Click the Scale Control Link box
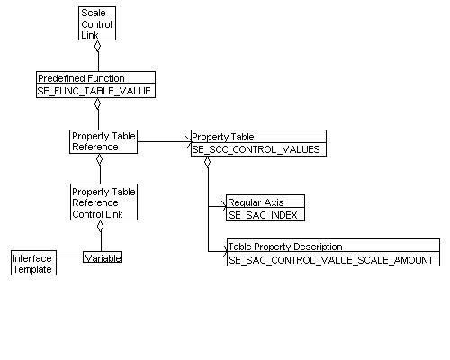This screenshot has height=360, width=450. point(97,24)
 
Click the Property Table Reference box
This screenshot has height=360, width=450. point(103,141)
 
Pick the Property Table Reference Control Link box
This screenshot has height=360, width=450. point(103,202)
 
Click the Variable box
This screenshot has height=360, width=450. point(103,257)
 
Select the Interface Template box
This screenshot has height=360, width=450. point(32,263)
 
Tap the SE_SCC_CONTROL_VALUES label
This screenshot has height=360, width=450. point(255,149)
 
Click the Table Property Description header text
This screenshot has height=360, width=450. point(285,247)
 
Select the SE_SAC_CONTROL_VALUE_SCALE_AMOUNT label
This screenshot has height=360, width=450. point(331,259)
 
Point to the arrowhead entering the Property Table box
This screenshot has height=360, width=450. point(187,141)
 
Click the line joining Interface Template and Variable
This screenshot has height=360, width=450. point(69,258)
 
